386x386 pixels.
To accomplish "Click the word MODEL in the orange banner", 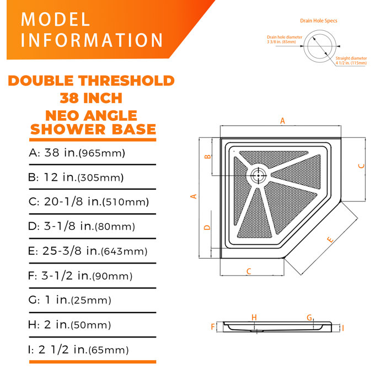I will point(56,20).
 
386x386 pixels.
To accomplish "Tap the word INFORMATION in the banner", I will point(92,41).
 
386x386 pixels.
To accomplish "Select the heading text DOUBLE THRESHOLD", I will point(91,81).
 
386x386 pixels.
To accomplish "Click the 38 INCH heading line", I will point(91,98).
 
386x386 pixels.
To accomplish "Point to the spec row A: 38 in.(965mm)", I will point(77,153).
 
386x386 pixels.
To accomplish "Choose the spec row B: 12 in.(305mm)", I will point(76,178).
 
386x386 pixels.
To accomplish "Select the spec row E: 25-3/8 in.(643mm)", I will point(88,251).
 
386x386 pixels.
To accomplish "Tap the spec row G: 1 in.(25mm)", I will point(70,300).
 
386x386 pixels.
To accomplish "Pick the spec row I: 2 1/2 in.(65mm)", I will point(78,350).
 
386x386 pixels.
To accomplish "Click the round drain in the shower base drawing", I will point(258,176).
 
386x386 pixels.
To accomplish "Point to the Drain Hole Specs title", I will point(319,21).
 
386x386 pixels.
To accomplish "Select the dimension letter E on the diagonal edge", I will point(330,240).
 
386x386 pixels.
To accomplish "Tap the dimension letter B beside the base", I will point(208,157).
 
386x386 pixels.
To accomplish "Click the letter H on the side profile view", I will point(254,317).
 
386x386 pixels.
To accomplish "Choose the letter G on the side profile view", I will point(309,317).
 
